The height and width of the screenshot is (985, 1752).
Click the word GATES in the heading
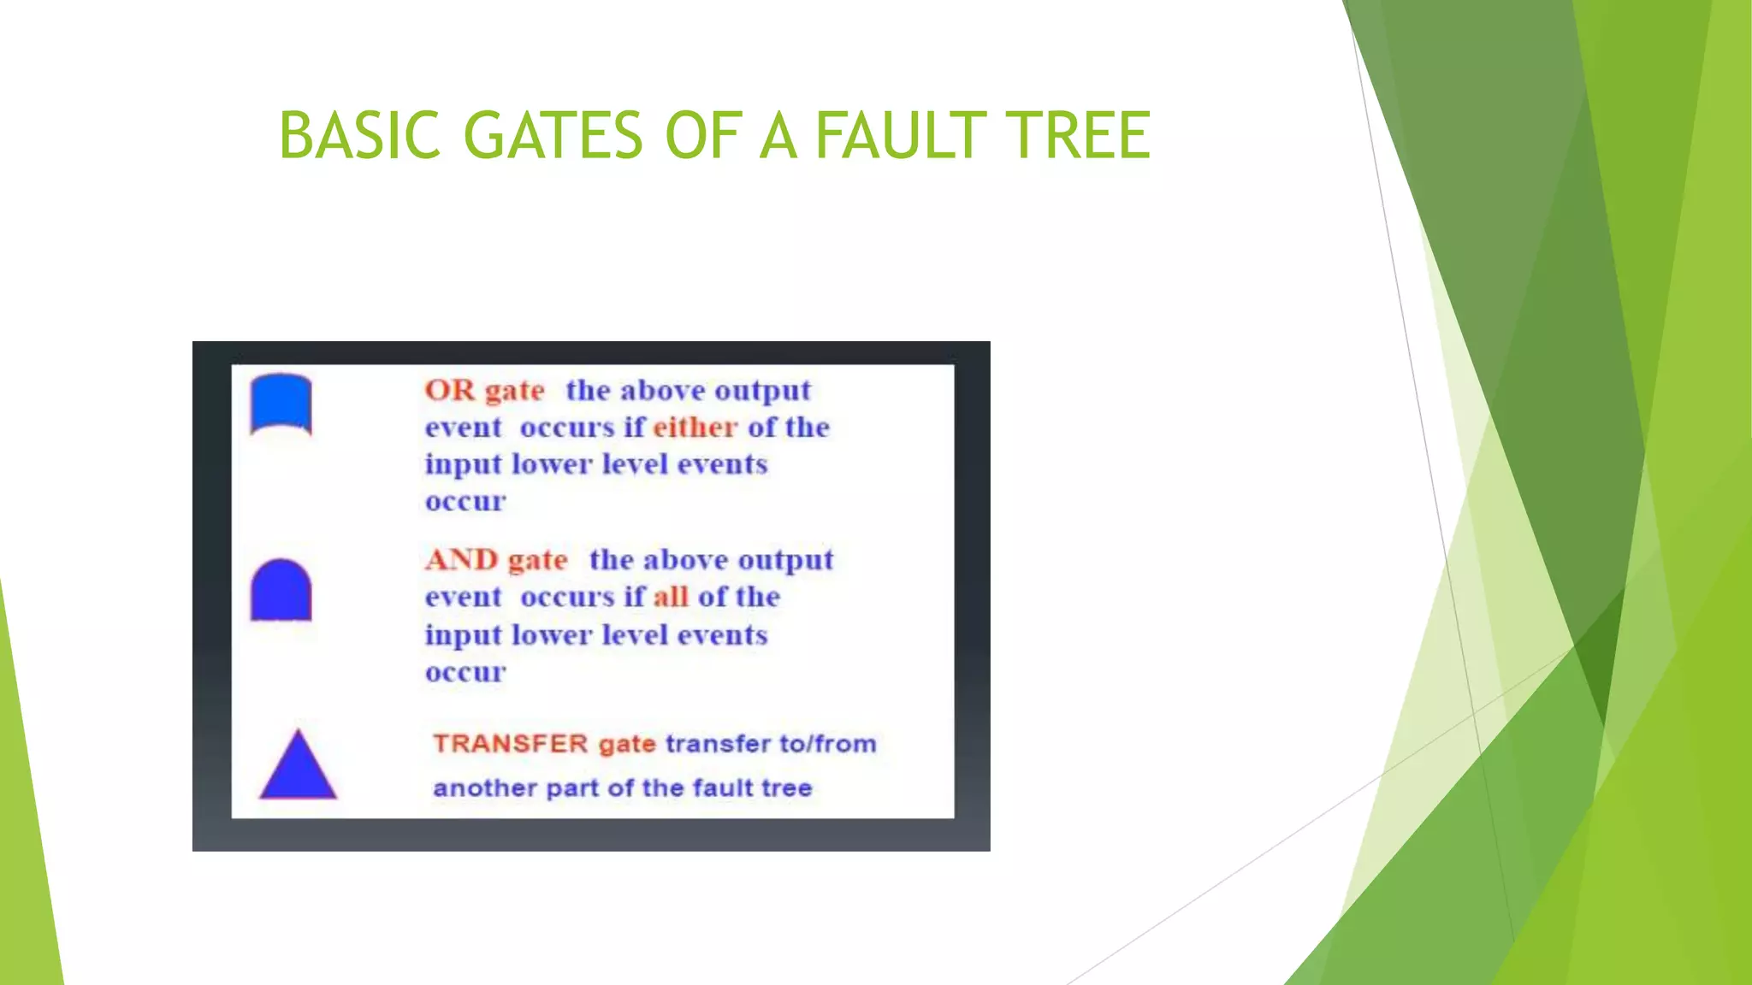point(553,135)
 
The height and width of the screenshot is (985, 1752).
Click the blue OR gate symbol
point(281,404)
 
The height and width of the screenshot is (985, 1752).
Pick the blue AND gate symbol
point(281,590)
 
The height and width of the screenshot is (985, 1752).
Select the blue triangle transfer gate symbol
point(298,768)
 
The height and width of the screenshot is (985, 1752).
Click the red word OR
point(450,390)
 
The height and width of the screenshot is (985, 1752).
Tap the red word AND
point(462,560)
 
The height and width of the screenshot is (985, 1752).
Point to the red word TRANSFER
point(510,744)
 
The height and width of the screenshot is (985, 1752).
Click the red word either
point(695,427)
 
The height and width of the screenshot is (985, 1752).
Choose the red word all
point(671,597)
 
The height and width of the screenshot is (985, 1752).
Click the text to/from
point(827,744)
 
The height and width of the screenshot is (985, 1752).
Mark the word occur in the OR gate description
point(465,502)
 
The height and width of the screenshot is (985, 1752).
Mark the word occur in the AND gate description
point(465,673)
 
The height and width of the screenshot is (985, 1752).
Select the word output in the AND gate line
point(784,560)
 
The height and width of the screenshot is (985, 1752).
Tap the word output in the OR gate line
point(762,391)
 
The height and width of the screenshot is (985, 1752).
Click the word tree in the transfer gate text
point(785,788)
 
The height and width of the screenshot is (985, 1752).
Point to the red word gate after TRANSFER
point(627,745)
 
